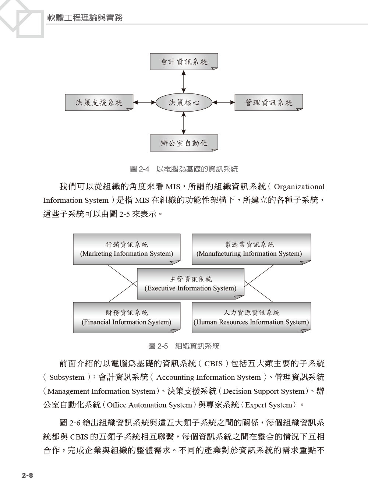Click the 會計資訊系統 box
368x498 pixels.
click(x=184, y=61)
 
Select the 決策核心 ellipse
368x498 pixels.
click(x=184, y=102)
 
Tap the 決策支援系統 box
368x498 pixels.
click(x=99, y=102)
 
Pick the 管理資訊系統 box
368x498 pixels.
click(x=269, y=102)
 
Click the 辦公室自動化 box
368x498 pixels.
click(x=184, y=143)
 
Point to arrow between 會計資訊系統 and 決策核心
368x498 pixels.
click(x=184, y=81)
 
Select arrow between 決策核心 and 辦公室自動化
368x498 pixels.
click(x=184, y=123)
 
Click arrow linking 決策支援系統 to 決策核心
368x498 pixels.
click(x=144, y=102)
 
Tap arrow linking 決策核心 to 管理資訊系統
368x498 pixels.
click(x=223, y=102)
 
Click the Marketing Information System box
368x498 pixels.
click(x=127, y=249)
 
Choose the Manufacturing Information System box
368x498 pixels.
click(x=251, y=249)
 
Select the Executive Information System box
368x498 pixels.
click(x=191, y=283)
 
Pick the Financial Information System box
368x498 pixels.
click(x=127, y=317)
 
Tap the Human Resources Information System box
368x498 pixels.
click(x=251, y=317)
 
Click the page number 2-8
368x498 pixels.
click(x=27, y=475)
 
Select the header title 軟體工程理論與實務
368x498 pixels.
click(x=85, y=18)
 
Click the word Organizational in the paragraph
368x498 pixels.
click(x=299, y=187)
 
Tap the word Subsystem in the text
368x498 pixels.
click(x=67, y=377)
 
